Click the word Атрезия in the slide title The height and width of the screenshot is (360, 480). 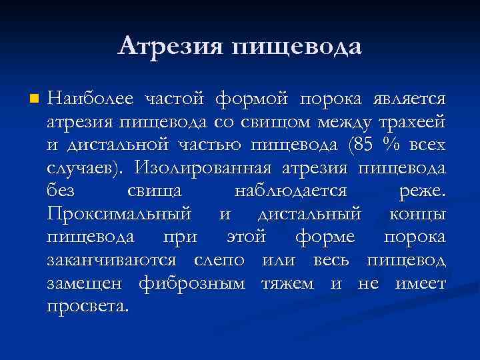pos(171,47)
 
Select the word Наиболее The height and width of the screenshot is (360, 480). pos(89,99)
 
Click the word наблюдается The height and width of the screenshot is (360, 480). pos(291,191)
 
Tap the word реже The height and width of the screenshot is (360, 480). pos(421,191)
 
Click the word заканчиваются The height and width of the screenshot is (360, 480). pos(112,260)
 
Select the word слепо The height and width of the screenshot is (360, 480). pos(220,260)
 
